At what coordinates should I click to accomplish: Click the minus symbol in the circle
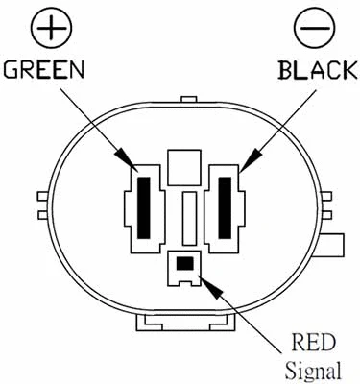[314, 29]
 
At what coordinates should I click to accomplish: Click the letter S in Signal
[289, 369]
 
